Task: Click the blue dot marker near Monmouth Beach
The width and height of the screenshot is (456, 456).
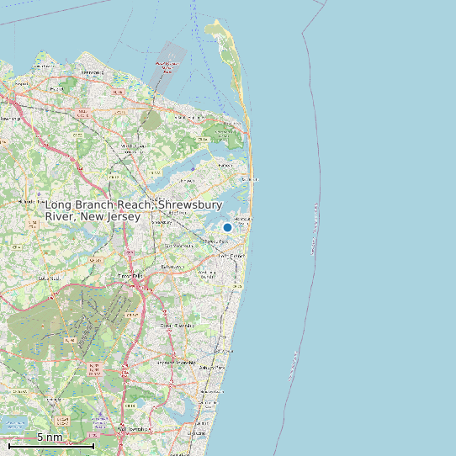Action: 227,227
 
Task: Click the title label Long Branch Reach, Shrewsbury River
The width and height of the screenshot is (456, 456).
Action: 133,211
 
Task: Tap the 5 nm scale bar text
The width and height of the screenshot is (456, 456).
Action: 50,437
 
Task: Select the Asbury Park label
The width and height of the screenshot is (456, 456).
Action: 211,368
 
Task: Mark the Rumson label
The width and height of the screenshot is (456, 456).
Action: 225,165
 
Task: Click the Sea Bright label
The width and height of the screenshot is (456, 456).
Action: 247,179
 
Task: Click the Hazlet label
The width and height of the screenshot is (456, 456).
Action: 59,87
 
